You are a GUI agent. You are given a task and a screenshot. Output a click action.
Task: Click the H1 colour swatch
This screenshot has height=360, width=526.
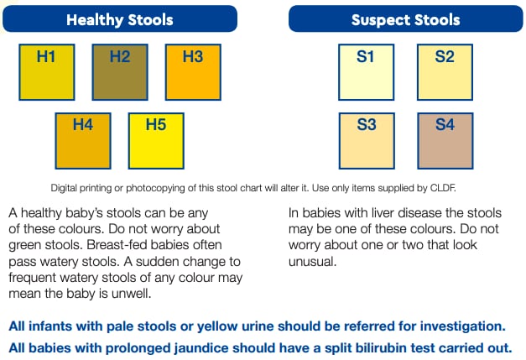[47, 72]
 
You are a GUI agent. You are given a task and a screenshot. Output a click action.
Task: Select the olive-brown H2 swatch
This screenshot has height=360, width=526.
[120, 72]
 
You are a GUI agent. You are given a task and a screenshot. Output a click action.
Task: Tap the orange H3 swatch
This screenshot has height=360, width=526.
[193, 72]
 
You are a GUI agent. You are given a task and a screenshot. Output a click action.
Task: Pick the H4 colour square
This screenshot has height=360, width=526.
[83, 141]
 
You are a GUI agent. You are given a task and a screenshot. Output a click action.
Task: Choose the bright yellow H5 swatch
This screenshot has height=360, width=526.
[156, 141]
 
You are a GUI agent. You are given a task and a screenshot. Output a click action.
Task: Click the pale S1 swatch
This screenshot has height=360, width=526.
[366, 72]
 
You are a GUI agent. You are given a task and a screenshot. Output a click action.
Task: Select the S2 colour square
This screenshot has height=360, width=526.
[445, 72]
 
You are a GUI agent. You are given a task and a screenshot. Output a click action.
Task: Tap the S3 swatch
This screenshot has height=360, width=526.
[367, 141]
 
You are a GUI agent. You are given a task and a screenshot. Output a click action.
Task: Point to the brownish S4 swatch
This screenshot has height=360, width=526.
[445, 141]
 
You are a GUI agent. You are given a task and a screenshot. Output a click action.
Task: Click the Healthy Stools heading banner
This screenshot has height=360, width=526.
[120, 18]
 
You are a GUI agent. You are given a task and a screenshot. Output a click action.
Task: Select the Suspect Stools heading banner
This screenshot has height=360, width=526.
[405, 18]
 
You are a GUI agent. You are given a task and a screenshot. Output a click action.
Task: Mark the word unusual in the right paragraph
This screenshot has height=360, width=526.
[312, 261]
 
